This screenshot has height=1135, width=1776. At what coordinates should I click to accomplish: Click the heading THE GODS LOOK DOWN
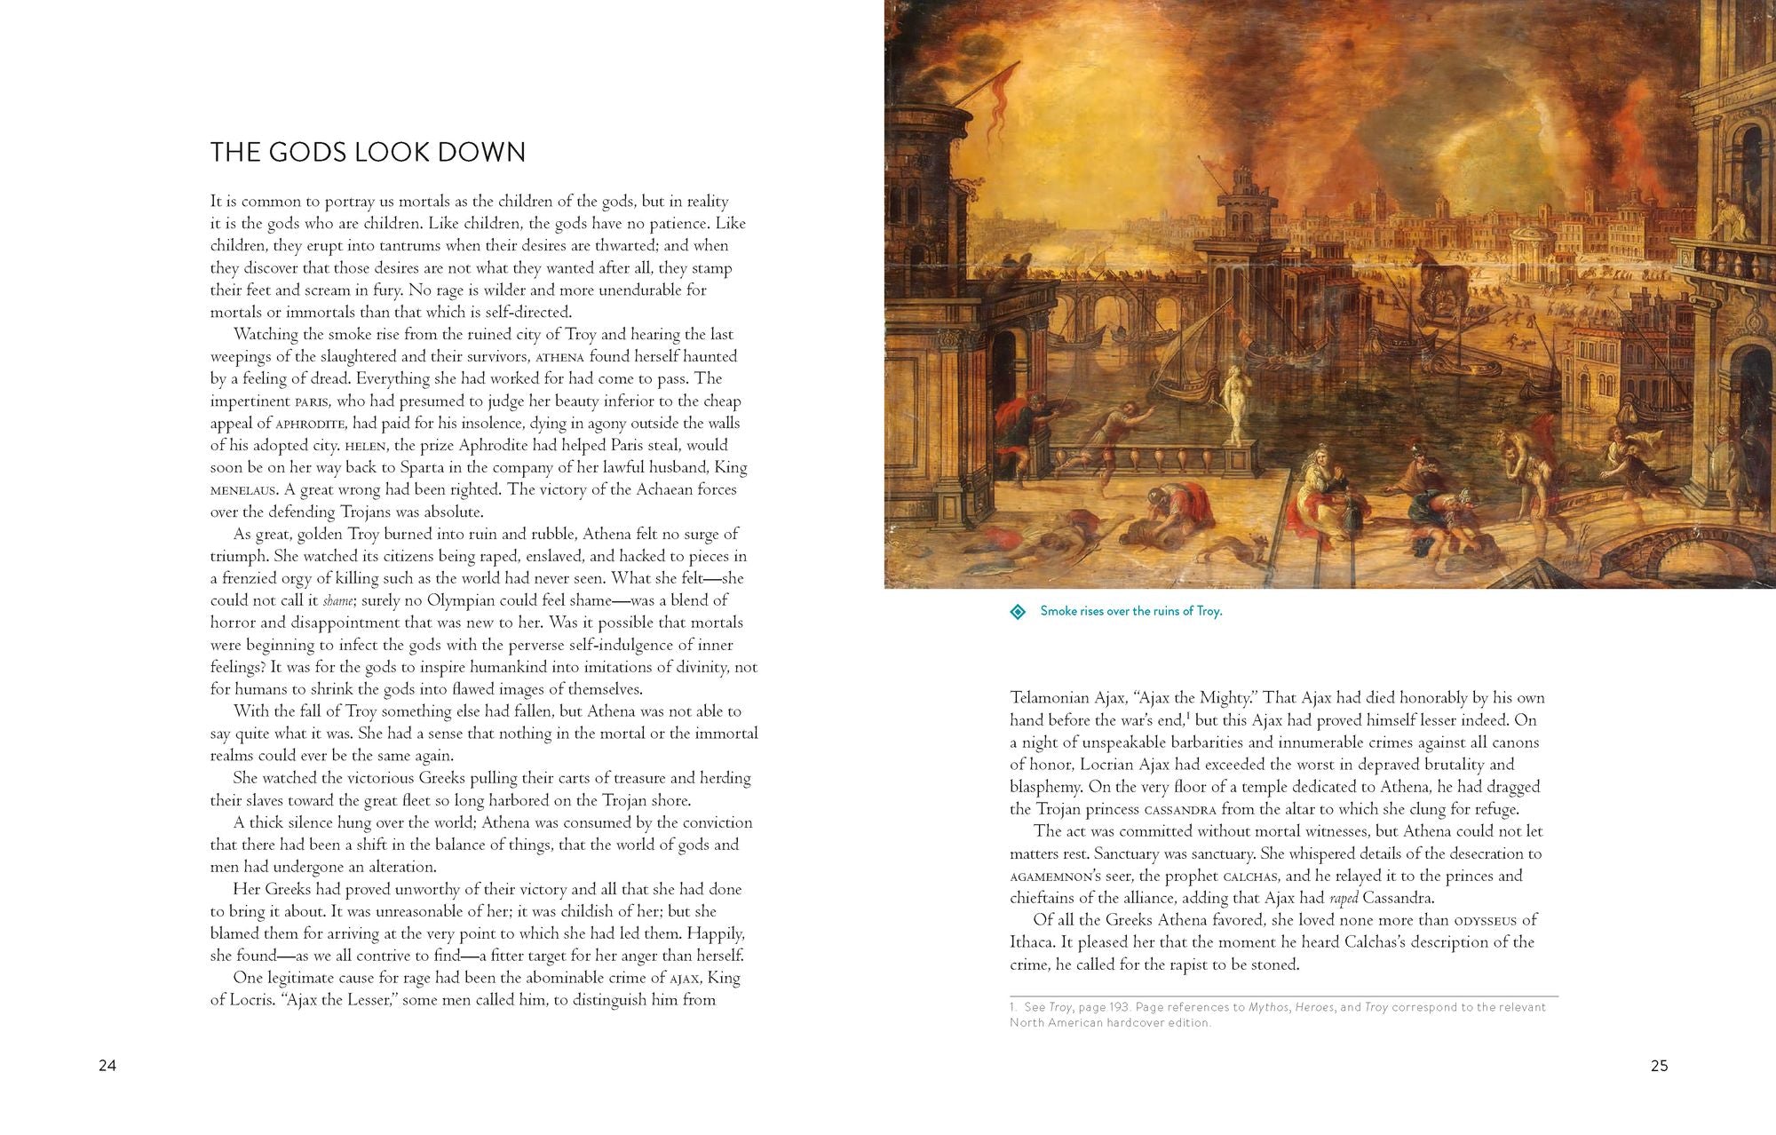[368, 153]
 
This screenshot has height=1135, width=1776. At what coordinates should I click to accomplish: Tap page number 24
[107, 1066]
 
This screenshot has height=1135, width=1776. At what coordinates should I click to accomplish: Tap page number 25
[1659, 1066]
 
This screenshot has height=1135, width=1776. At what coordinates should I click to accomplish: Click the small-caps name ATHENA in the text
[560, 358]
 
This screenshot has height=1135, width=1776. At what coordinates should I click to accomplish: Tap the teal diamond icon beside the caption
[1019, 612]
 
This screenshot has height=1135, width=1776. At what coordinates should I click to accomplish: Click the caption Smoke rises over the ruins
[1130, 611]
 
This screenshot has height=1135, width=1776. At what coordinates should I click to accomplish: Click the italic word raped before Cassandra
[1343, 899]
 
